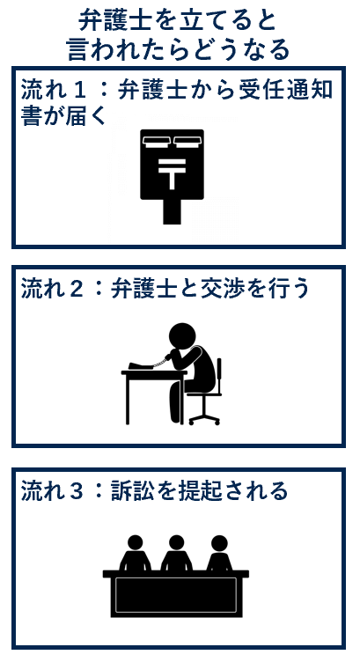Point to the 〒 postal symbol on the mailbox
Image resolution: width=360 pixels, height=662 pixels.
point(172,173)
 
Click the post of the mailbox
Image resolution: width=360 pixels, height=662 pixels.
point(172,211)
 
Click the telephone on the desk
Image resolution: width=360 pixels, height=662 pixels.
point(140,366)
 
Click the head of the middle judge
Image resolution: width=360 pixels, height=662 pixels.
point(176,542)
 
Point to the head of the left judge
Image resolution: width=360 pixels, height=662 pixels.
point(135,542)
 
